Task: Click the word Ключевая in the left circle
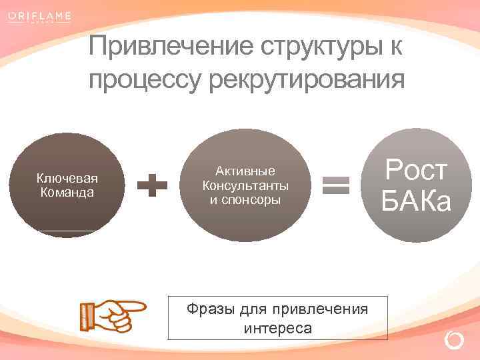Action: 67,178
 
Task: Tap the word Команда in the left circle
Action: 67,192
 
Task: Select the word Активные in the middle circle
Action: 245,171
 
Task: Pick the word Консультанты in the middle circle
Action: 245,185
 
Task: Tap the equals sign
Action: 336,185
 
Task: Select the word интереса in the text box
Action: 277,329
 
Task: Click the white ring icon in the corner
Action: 454,341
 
